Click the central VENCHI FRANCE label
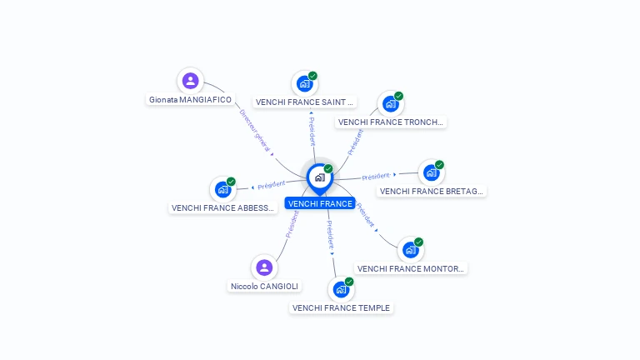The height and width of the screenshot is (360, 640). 320,203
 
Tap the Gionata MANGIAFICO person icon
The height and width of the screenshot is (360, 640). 191,81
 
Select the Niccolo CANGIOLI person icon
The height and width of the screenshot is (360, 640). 264,267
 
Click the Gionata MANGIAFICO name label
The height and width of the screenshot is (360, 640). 190,99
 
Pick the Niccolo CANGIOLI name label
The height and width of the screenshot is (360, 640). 264,286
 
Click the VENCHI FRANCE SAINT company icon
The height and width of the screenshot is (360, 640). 305,84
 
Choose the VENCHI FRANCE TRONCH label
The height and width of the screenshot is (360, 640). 391,122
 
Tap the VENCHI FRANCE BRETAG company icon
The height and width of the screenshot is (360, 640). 431,172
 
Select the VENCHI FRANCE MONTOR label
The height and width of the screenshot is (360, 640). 411,268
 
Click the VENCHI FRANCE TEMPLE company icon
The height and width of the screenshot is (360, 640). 341,290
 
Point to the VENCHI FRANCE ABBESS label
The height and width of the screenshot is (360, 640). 222,207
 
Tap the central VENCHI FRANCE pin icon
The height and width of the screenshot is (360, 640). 319,177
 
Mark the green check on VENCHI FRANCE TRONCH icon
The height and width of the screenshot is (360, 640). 398,96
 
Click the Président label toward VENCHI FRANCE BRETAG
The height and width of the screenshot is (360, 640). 376,176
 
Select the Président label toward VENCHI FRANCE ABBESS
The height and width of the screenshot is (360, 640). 272,185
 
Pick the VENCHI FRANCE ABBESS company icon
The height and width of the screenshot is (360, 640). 222,189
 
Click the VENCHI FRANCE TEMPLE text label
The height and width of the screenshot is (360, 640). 341,307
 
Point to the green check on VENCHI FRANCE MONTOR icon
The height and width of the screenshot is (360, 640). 418,242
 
